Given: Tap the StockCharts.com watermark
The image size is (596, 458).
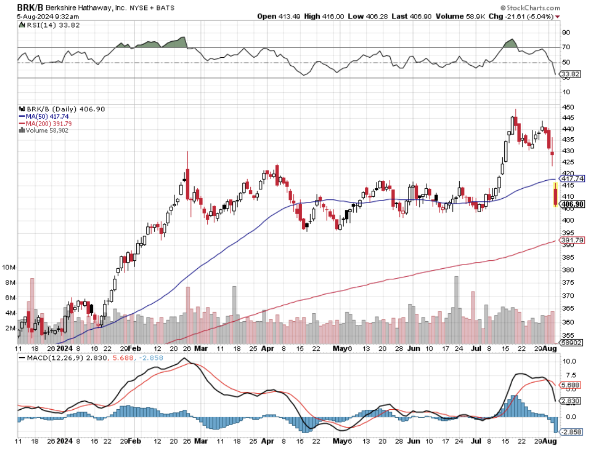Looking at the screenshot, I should tap(532, 8).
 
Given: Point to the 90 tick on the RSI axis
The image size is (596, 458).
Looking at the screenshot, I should tap(566, 32).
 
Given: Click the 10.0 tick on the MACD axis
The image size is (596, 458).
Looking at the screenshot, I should tap(568, 362).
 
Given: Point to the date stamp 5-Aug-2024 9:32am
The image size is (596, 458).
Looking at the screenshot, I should tap(40, 16).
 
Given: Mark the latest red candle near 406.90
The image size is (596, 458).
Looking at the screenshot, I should tap(555, 195).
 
